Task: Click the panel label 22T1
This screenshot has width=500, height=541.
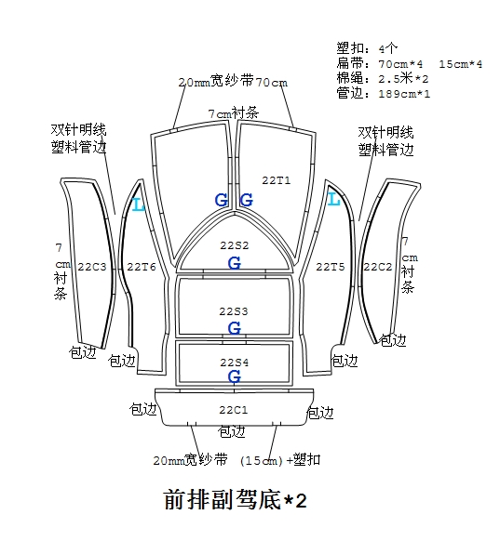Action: pos(277,180)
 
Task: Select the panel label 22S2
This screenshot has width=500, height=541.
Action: pos(235,245)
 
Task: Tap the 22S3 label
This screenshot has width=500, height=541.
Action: pos(234,311)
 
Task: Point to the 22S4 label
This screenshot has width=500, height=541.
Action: pos(235,363)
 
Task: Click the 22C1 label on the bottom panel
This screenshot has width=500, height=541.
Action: pos(234,410)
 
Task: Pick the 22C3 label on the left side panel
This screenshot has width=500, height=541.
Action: pos(92,267)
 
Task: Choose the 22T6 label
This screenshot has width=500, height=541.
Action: pos(142,267)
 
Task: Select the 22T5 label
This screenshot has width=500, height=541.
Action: pos(331,267)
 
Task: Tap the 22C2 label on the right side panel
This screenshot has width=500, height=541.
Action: pos(378,267)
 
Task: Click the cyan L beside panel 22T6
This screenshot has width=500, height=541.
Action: pos(139,205)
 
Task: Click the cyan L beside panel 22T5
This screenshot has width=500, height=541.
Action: pos(333,200)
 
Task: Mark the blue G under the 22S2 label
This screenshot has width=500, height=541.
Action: pos(235,264)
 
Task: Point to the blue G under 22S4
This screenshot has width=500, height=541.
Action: pos(235,376)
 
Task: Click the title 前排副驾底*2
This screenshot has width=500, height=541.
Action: pos(235,499)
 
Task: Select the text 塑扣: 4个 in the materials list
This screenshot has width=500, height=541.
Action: pos(367,48)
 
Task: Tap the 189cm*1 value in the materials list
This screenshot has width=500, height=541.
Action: pos(404,94)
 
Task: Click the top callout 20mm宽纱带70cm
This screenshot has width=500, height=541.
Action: pos(233,82)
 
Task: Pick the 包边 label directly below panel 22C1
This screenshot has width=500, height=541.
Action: pos(232,431)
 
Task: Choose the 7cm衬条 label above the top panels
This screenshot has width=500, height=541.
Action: pos(234,112)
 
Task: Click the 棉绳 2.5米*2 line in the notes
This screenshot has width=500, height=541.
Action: pos(383,79)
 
